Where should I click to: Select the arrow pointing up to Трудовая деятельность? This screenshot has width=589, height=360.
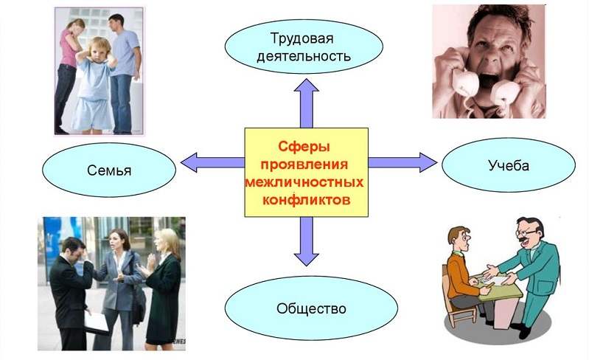point(307,103)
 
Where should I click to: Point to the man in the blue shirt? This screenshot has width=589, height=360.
point(123,59)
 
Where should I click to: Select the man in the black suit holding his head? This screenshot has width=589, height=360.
point(72,288)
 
